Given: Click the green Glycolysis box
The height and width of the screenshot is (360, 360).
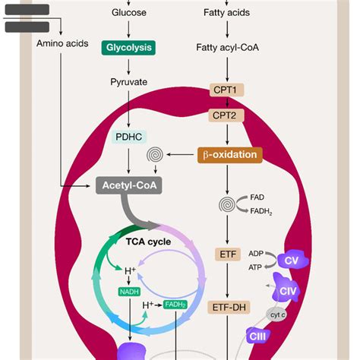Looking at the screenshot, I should point(129,47).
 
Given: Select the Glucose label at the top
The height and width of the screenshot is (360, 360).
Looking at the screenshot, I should point(129,13).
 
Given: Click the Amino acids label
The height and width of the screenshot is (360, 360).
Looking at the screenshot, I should point(61,43).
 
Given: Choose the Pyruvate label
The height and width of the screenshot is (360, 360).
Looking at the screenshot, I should point(129,81).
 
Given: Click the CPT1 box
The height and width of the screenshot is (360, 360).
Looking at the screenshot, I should point(227,90).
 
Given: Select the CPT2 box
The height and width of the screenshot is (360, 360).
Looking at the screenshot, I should point(227,115).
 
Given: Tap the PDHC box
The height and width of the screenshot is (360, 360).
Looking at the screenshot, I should point(128,137).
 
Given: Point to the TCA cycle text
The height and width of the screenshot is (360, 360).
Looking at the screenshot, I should point(148,242).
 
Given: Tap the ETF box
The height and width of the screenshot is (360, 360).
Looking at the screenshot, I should point(228,254).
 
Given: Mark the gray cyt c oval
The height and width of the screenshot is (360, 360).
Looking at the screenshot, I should point(276,314).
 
